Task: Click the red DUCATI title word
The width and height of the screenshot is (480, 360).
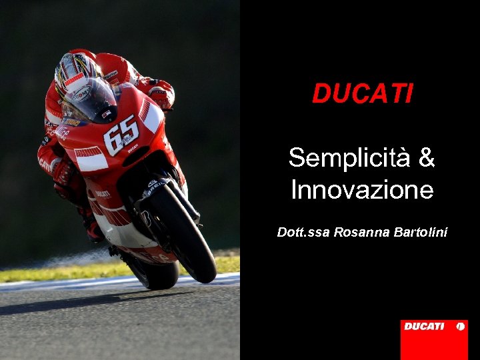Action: coord(363,94)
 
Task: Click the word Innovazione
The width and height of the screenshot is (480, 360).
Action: coord(362,191)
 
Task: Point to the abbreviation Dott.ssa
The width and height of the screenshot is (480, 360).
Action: coord(303,232)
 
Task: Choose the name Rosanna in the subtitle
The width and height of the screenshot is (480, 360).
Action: coord(358,232)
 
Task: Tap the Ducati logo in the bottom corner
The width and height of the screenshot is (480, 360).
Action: coord(433,339)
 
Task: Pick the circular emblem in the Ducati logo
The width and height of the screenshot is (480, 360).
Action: coord(459,327)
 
